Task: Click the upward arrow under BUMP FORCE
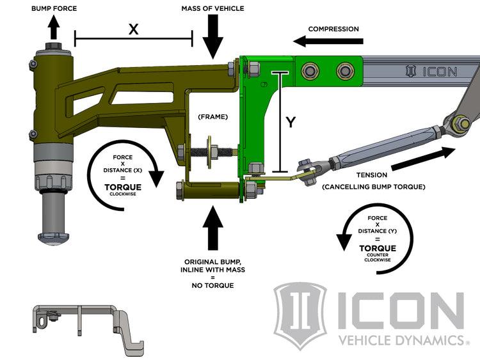pos(53,27)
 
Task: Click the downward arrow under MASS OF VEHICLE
pos(212,38)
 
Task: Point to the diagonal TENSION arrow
pos(423,159)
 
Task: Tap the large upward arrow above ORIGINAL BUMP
pos(212,230)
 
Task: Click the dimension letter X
pos(133,29)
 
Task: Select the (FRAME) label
pos(212,117)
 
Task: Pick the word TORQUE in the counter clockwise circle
pos(377,248)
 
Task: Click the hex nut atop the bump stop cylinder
pos(53,48)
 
